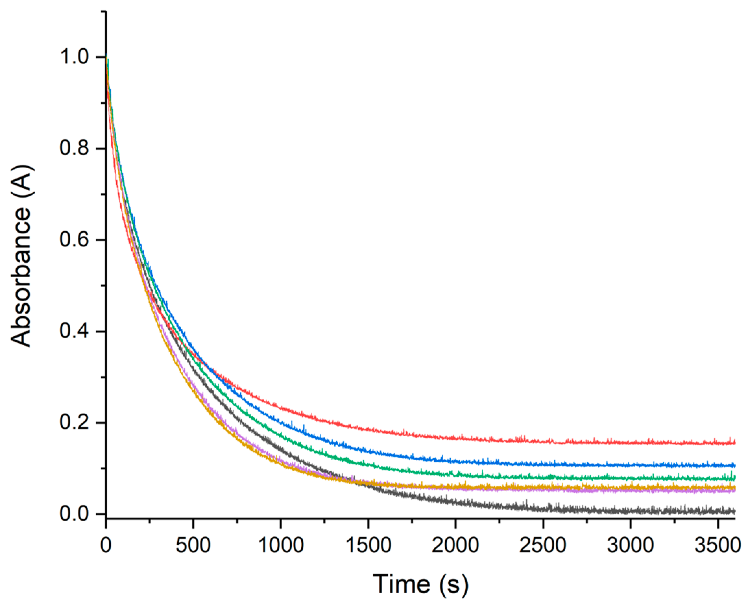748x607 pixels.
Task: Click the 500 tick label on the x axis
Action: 193,545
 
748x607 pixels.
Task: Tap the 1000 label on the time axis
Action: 280,545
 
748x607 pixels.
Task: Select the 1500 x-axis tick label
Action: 368,545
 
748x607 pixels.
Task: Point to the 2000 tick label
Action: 455,545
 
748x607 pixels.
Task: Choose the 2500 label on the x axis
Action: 543,545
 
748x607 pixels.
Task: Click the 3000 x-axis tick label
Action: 630,545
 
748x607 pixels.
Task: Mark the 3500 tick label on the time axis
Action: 717,545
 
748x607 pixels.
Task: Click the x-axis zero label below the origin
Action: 106,545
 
